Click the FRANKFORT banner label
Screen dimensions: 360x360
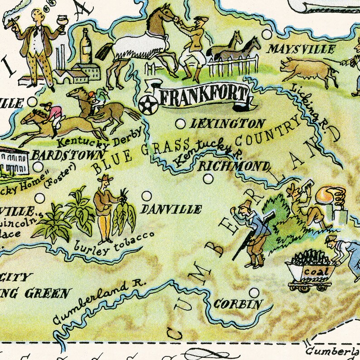tap(202, 96)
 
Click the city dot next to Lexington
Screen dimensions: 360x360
tap(180, 123)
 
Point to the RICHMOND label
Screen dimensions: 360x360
tap(233, 165)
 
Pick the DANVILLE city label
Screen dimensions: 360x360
tap(171, 209)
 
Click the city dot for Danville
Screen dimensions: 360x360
tap(146, 196)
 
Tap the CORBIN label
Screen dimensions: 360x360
tap(238, 304)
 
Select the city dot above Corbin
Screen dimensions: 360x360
tap(254, 292)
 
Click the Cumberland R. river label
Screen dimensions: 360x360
tap(97, 301)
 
